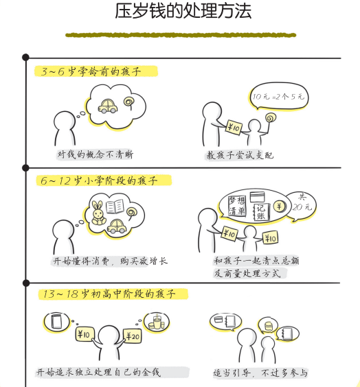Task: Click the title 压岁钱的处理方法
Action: tap(183, 12)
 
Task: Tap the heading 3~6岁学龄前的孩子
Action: tap(91, 71)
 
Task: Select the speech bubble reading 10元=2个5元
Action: tap(278, 96)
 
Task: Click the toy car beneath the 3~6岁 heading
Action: tap(108, 106)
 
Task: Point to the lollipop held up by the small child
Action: tap(270, 119)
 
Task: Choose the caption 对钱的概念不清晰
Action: tap(95, 155)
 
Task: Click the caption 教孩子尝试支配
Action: tap(240, 155)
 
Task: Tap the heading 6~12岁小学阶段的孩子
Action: tap(99, 180)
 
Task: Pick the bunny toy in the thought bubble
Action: tap(98, 213)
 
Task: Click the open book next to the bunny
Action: tap(115, 207)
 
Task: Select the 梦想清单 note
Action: tap(237, 206)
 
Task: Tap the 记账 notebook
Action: tap(261, 212)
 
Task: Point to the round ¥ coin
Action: tap(280, 206)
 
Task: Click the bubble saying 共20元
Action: tap(302, 205)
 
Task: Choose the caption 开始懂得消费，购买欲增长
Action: tap(111, 261)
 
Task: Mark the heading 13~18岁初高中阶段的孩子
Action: tap(109, 294)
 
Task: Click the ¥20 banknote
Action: tap(133, 336)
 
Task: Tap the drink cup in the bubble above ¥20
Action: tap(156, 322)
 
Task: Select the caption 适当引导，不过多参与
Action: tap(260, 373)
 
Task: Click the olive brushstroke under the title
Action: tap(181, 35)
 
